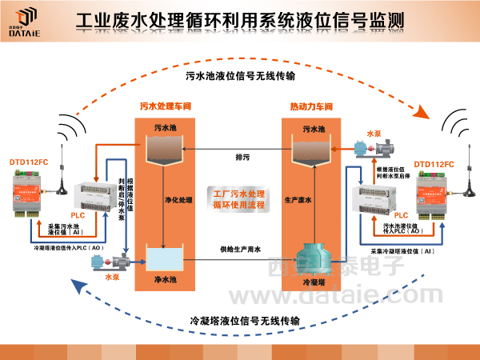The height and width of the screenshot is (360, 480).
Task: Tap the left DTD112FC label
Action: [x=29, y=163]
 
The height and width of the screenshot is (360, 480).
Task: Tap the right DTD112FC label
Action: [x=434, y=163]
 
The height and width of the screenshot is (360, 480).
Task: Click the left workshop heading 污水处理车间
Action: [x=166, y=106]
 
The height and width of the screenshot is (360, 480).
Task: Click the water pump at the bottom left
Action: [x=122, y=260]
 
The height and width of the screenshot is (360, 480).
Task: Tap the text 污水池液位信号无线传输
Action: [x=240, y=77]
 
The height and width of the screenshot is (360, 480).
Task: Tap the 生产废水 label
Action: [x=298, y=199]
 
